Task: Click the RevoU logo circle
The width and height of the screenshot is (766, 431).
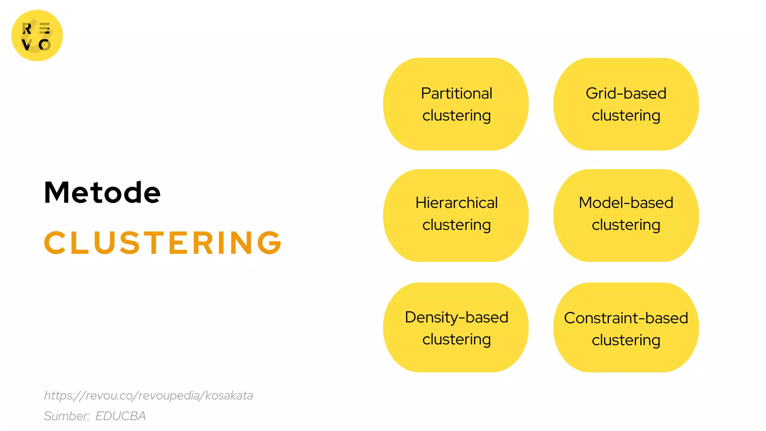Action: click(37, 36)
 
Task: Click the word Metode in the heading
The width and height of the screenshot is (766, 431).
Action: click(102, 192)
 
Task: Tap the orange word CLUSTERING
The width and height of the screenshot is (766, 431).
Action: click(163, 243)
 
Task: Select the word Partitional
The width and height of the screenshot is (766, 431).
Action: click(456, 93)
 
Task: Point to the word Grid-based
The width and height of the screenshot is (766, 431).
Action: click(626, 93)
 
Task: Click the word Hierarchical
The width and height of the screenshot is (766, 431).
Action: click(456, 203)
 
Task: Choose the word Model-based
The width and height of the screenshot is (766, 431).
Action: click(626, 203)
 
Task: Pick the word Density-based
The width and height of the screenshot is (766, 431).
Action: click(456, 317)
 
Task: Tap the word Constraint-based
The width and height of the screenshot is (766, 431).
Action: click(626, 318)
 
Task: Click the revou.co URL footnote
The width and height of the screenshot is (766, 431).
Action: click(148, 395)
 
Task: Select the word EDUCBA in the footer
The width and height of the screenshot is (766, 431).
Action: click(120, 416)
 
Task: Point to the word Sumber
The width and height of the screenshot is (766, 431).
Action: click(67, 416)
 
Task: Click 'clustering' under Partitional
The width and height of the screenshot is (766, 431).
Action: click(456, 116)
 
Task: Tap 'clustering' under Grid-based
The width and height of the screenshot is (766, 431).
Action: click(626, 116)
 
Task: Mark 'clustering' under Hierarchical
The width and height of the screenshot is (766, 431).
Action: click(456, 225)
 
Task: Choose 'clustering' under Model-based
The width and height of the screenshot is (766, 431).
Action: click(626, 225)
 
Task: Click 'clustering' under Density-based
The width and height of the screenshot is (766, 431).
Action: click(456, 340)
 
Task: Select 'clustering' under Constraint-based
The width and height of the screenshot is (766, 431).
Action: click(626, 340)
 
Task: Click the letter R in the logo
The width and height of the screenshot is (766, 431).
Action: click(27, 29)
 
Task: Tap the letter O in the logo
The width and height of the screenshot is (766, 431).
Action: click(45, 45)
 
